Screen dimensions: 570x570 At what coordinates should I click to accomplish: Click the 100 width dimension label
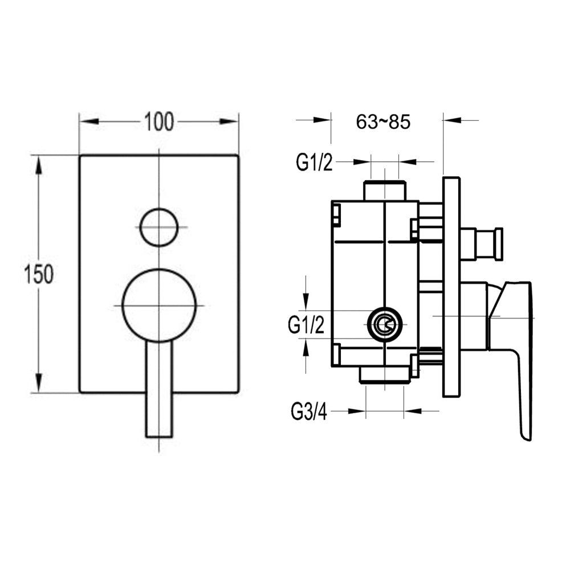(159, 122)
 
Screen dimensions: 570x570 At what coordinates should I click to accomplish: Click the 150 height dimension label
(39, 274)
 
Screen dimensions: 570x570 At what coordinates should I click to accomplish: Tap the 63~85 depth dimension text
(383, 122)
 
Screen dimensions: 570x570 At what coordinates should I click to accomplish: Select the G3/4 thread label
(309, 412)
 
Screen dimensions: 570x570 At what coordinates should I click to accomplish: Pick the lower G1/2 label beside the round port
(306, 325)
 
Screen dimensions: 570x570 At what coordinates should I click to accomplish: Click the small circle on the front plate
(159, 227)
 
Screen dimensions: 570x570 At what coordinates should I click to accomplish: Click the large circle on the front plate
(159, 306)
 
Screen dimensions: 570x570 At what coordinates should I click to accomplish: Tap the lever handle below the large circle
(159, 389)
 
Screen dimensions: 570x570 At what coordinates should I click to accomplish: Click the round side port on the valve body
(385, 325)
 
